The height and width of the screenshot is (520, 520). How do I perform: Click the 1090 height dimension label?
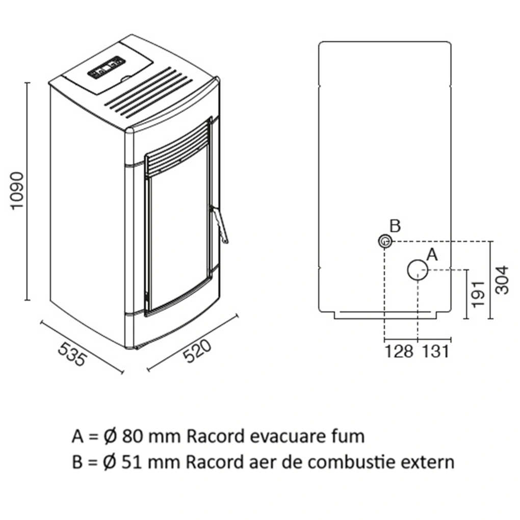[x=17, y=191]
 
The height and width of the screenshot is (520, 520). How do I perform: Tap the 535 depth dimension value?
[x=71, y=354]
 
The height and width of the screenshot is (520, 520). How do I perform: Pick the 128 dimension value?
[x=399, y=351]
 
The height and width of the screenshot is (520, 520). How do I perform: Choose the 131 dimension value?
[x=435, y=351]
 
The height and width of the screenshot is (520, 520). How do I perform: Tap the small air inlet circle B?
[x=384, y=241]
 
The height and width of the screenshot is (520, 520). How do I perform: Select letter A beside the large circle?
[x=432, y=254]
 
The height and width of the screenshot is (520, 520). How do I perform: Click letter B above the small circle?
[x=395, y=225]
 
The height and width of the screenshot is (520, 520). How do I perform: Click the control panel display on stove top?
[x=107, y=67]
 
